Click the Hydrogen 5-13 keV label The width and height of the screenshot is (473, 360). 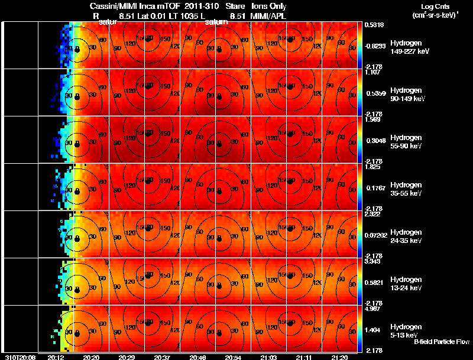point(406,330)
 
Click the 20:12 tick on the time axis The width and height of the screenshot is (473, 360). point(56,357)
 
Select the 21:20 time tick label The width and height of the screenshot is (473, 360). point(339,357)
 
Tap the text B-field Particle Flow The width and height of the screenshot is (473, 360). point(442,342)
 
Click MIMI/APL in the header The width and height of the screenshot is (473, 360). point(269,16)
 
